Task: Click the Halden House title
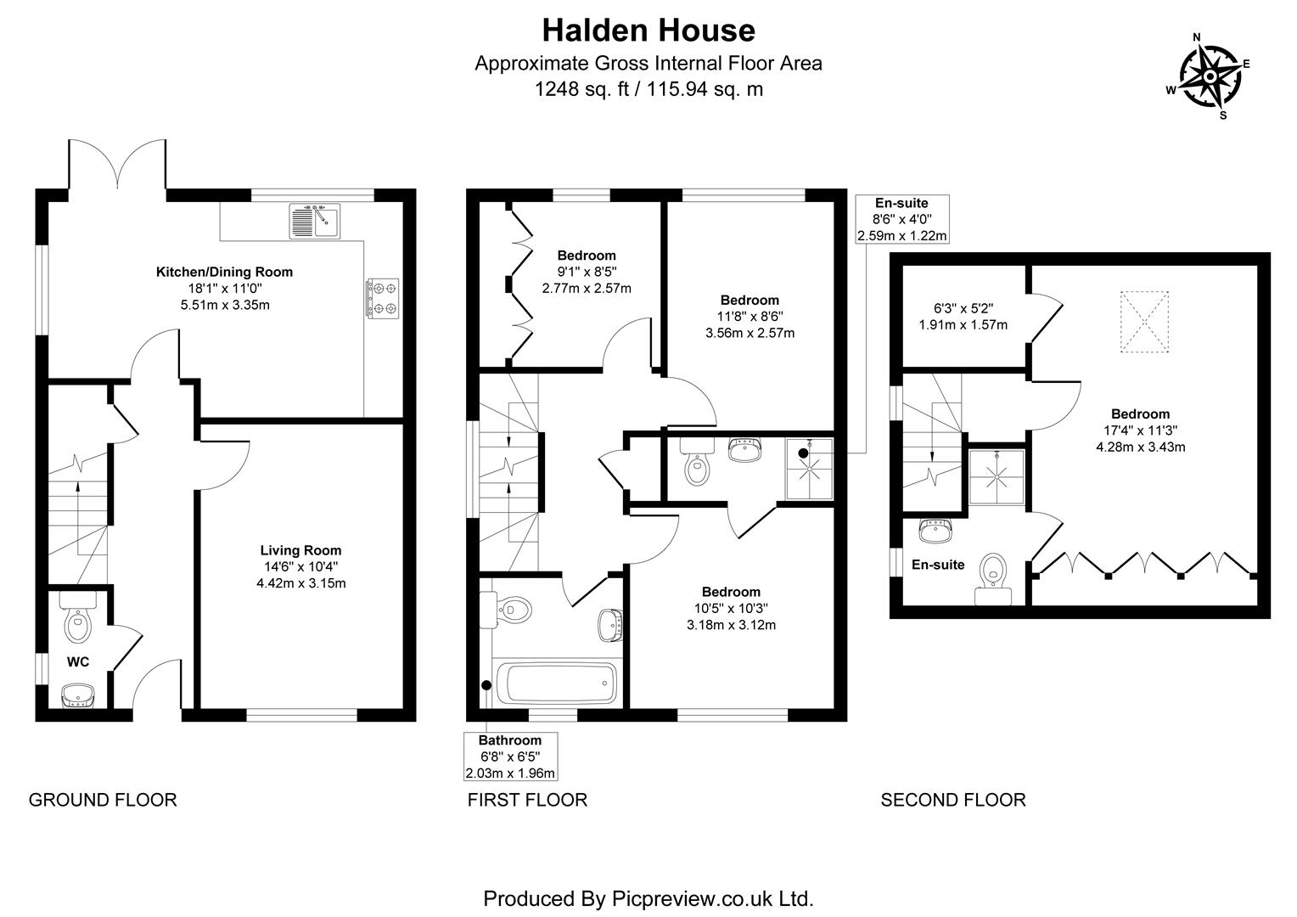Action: tap(648, 31)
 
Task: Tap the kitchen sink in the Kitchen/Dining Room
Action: tap(315, 222)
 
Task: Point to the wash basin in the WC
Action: tap(78, 695)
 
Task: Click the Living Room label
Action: tap(300, 550)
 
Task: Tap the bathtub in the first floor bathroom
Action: tap(555, 683)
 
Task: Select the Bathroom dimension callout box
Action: tap(510, 757)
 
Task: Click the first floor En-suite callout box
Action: tap(901, 219)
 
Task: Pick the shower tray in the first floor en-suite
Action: tap(809, 469)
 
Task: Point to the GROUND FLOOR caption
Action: tap(103, 800)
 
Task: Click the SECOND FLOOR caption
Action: tap(952, 800)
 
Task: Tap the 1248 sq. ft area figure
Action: tap(581, 89)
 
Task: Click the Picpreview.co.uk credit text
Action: tap(648, 898)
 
